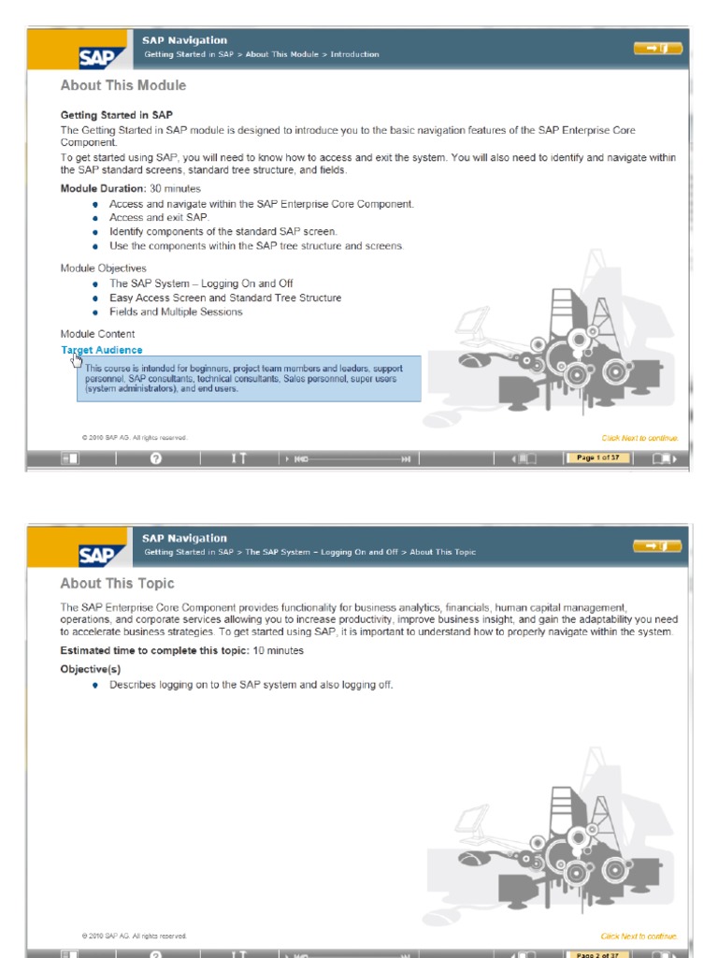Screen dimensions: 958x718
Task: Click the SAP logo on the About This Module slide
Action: [x=97, y=58]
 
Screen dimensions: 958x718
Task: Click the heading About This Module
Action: [x=123, y=86]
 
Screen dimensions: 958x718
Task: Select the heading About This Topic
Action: [x=117, y=584]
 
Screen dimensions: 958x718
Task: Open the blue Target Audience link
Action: [x=102, y=350]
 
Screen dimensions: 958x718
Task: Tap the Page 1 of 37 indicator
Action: [x=596, y=457]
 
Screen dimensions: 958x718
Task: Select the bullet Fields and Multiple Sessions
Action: [x=176, y=312]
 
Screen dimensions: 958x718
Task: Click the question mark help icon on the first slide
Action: [x=156, y=458]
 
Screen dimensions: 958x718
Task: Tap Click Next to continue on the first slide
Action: [x=639, y=438]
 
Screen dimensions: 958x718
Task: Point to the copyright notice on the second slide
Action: [x=135, y=936]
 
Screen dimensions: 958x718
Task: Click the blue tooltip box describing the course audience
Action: [x=249, y=378]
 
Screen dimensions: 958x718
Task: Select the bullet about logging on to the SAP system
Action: [x=251, y=685]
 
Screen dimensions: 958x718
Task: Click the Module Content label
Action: [x=97, y=334]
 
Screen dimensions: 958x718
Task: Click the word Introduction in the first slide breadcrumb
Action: [x=355, y=54]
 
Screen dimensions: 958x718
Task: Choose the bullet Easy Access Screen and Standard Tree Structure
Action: [x=224, y=298]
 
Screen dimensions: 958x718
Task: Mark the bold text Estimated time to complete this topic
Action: [x=154, y=650]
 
